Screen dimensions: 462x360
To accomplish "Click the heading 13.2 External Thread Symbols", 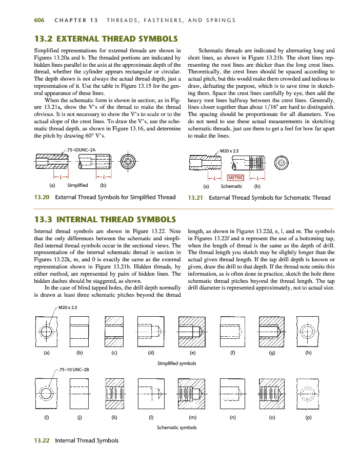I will point(106,38).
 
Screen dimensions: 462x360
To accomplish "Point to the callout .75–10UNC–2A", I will point(83,149).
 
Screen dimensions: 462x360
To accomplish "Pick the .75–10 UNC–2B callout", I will point(75,370).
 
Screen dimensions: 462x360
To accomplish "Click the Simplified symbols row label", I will point(176,363).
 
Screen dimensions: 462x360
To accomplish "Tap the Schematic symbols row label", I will point(176,427).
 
